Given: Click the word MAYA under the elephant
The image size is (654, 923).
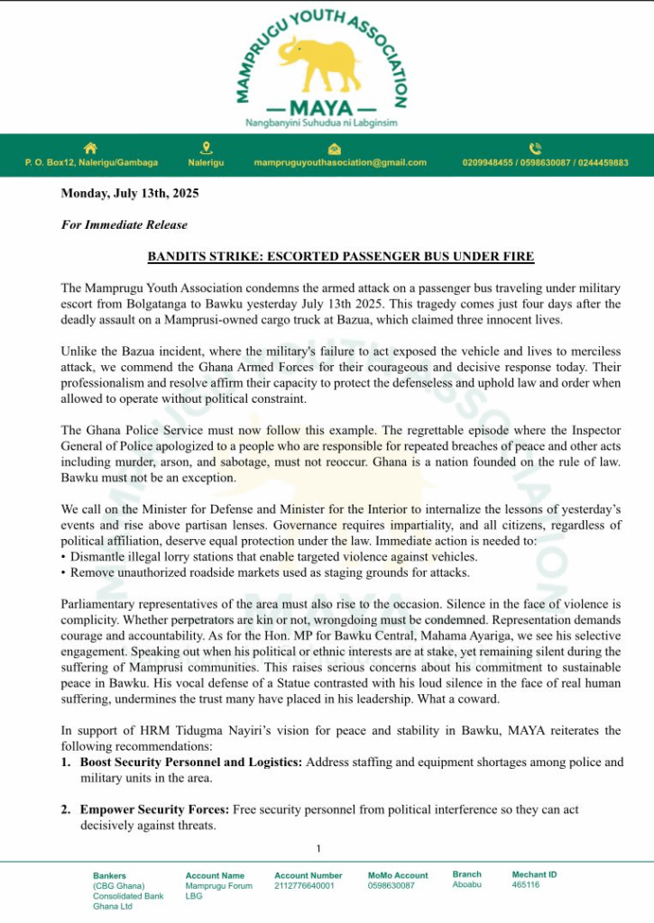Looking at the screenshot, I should click(x=322, y=105).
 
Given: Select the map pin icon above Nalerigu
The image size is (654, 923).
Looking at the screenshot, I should click(x=206, y=149).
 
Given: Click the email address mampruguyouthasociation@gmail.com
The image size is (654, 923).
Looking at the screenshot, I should click(x=340, y=163).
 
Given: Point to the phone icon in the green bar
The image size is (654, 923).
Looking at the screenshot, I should click(x=535, y=149).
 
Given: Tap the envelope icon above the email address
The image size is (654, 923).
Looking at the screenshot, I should click(x=335, y=149).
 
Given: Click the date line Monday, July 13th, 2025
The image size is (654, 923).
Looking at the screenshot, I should click(x=130, y=193).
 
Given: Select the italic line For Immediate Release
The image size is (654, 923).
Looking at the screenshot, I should click(x=124, y=224).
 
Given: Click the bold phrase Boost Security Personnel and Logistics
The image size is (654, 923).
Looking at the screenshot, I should click(x=191, y=763).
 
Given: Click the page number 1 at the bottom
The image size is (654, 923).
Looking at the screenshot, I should click(x=318, y=848).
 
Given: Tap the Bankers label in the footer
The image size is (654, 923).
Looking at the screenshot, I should click(x=109, y=875).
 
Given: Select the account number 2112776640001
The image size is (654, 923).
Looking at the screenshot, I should click(x=304, y=886).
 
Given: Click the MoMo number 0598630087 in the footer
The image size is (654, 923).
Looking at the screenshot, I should click(x=391, y=886).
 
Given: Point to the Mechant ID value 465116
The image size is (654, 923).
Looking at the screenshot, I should click(x=526, y=885).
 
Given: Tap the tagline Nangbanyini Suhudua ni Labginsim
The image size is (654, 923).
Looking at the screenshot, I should click(x=322, y=123).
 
